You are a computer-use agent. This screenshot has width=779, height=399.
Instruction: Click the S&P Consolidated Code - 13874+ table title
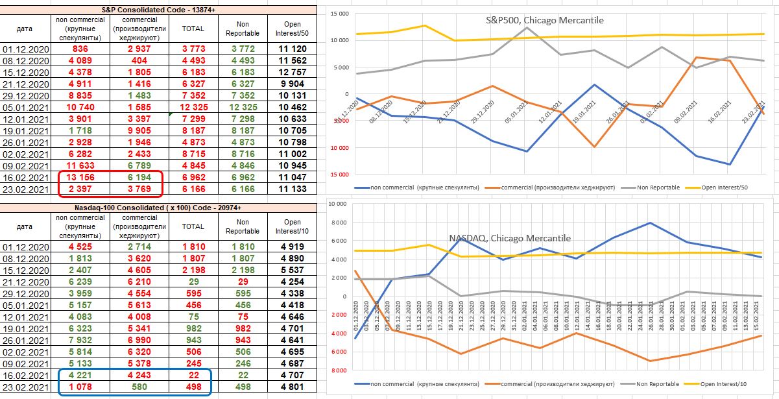[x=159, y=9]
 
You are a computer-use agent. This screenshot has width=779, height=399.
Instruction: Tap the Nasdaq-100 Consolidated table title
[x=159, y=208]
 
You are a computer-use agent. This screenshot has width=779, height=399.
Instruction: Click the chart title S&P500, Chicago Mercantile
[x=545, y=20]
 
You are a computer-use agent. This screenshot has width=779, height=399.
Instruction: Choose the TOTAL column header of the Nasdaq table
[x=193, y=226]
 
